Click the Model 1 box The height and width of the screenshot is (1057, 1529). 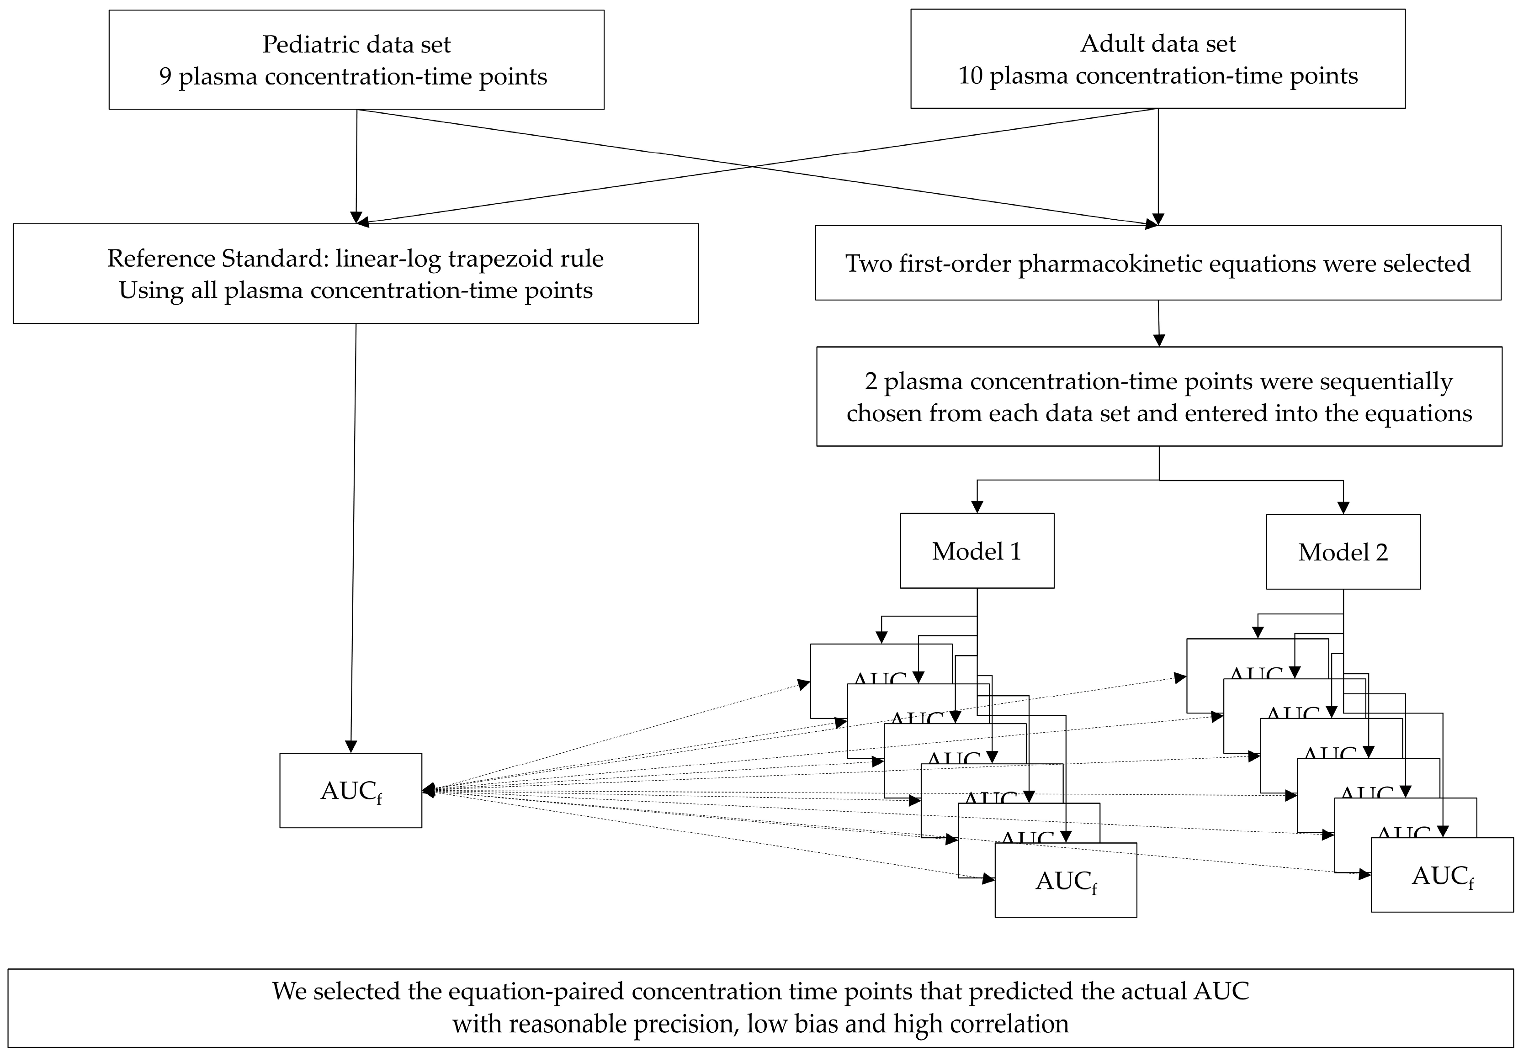pyautogui.click(x=977, y=551)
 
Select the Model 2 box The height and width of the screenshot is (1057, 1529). pyautogui.click(x=1343, y=552)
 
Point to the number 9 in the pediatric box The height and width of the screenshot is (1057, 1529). pyautogui.click(x=165, y=77)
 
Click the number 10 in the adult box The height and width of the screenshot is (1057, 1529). pyautogui.click(x=971, y=76)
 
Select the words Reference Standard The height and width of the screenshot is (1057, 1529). pyautogui.click(x=215, y=258)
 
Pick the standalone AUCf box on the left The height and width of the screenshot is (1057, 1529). pyautogui.click(x=350, y=791)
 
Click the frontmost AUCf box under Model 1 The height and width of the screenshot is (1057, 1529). pyautogui.click(x=1065, y=881)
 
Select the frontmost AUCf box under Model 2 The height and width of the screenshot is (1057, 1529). pyautogui.click(x=1442, y=876)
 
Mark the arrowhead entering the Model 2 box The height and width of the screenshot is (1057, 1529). pyautogui.click(x=1343, y=508)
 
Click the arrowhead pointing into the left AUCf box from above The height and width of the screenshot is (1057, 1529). pyautogui.click(x=351, y=746)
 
